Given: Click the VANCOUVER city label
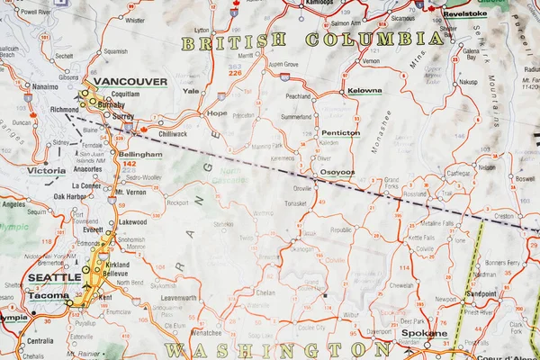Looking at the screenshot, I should tap(130, 81).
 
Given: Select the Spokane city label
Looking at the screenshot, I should tap(424, 333).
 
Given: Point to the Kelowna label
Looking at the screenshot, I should tap(364, 91).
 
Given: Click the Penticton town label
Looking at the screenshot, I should tap(340, 132).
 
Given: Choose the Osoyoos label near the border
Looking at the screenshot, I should tap(337, 172).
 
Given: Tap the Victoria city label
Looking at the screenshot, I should tap(47, 170).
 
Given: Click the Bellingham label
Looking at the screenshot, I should tap(139, 154).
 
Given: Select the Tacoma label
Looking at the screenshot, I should tap(49, 295).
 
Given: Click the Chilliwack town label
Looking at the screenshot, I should tap(173, 133).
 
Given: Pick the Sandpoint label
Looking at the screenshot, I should tap(481, 293).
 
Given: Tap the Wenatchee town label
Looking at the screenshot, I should tap(207, 333).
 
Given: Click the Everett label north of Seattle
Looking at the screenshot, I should tap(92, 229).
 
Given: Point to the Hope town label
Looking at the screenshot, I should tap(217, 113).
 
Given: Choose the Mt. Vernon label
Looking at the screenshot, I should tap(131, 193).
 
